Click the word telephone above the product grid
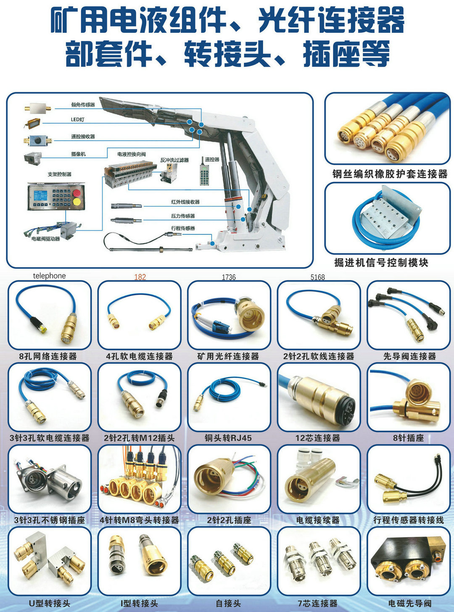pyautogui.click(x=49, y=276)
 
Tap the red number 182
pyautogui.click(x=140, y=277)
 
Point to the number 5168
pyautogui.click(x=317, y=277)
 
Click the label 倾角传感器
pyautogui.click(x=83, y=105)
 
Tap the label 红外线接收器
pyautogui.click(x=185, y=202)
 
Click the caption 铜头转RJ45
pyautogui.click(x=228, y=438)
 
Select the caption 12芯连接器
pyautogui.click(x=318, y=438)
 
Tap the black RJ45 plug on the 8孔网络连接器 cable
pyautogui.click(x=37, y=325)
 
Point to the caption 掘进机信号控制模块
pyautogui.click(x=381, y=263)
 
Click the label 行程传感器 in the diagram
pyautogui.click(x=183, y=228)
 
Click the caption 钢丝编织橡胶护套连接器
pyautogui.click(x=390, y=174)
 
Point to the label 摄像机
pyautogui.click(x=79, y=154)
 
